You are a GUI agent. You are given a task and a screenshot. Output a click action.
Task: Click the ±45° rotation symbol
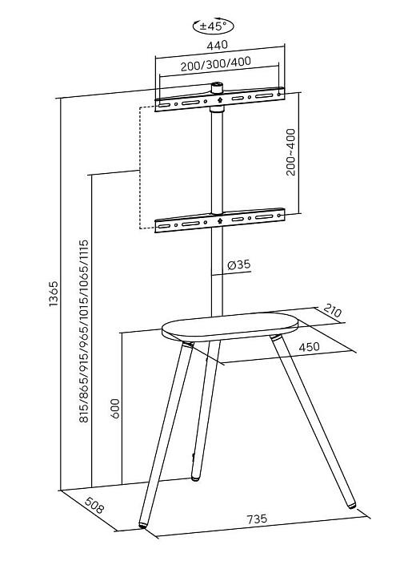[x=214, y=26]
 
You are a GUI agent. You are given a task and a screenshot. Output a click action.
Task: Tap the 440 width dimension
[x=217, y=45]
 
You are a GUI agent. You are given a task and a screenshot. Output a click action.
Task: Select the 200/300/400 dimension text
[x=216, y=64]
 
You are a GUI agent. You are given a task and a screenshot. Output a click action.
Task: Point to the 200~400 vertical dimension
[x=291, y=152]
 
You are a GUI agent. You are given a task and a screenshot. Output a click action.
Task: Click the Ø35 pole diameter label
[x=239, y=264]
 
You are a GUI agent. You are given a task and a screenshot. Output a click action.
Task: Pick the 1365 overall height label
[x=54, y=294]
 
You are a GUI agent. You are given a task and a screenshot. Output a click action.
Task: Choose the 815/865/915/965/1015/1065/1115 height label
[x=83, y=331]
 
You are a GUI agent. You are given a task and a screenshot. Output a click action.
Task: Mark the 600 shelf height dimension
[x=115, y=408]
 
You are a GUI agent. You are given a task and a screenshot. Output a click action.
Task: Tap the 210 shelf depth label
[x=333, y=311]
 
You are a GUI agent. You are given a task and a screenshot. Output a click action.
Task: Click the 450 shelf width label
[x=309, y=347]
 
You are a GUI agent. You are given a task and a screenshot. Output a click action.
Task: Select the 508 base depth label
[x=94, y=505]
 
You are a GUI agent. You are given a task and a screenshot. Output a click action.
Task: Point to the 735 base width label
[x=257, y=519]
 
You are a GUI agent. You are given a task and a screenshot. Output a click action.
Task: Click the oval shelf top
[x=230, y=325]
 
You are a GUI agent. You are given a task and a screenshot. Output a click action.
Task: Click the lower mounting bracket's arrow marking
[x=219, y=220]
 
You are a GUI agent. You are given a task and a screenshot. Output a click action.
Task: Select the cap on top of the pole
[x=217, y=87]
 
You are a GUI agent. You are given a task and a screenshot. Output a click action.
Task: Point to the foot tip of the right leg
[x=351, y=506]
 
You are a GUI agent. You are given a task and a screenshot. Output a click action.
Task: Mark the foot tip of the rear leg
[x=195, y=478]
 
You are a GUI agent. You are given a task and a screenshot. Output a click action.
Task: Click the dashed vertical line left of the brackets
[x=139, y=167]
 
